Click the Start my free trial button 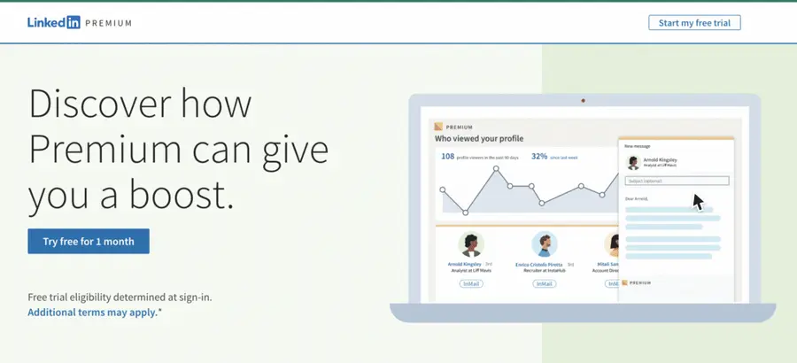coord(693,22)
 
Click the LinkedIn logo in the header coord(53,23)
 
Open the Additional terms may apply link coord(92,313)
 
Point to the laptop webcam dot coord(584,100)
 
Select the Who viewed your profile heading coord(478,139)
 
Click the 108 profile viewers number coord(448,157)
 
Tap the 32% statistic coord(538,157)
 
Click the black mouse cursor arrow coord(698,202)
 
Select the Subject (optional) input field coord(677,181)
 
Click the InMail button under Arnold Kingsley coord(470,284)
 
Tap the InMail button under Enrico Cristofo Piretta coord(545,284)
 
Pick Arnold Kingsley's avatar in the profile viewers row coord(470,244)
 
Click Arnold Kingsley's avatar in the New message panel coord(633,162)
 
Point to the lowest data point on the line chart coord(466,212)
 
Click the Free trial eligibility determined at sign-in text coord(120,297)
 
